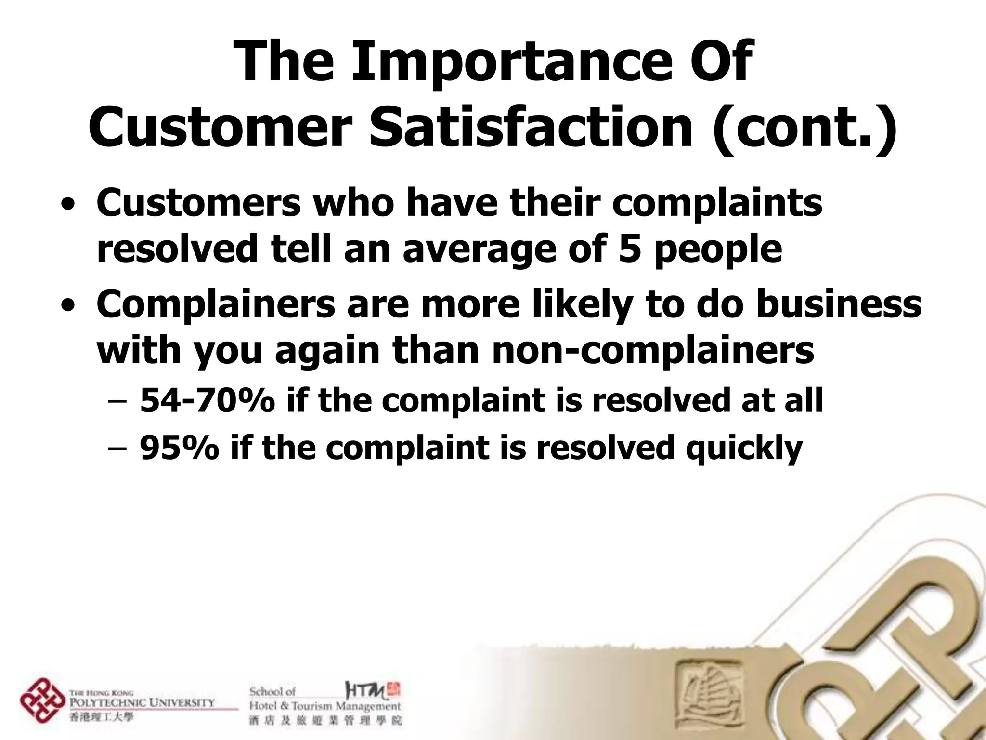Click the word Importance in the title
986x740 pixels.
click(486, 63)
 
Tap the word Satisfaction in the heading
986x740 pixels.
click(530, 126)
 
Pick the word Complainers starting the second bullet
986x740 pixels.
click(216, 304)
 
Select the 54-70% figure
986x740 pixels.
click(208, 400)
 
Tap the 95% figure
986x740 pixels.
click(180, 448)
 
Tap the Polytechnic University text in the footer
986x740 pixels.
click(143, 702)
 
